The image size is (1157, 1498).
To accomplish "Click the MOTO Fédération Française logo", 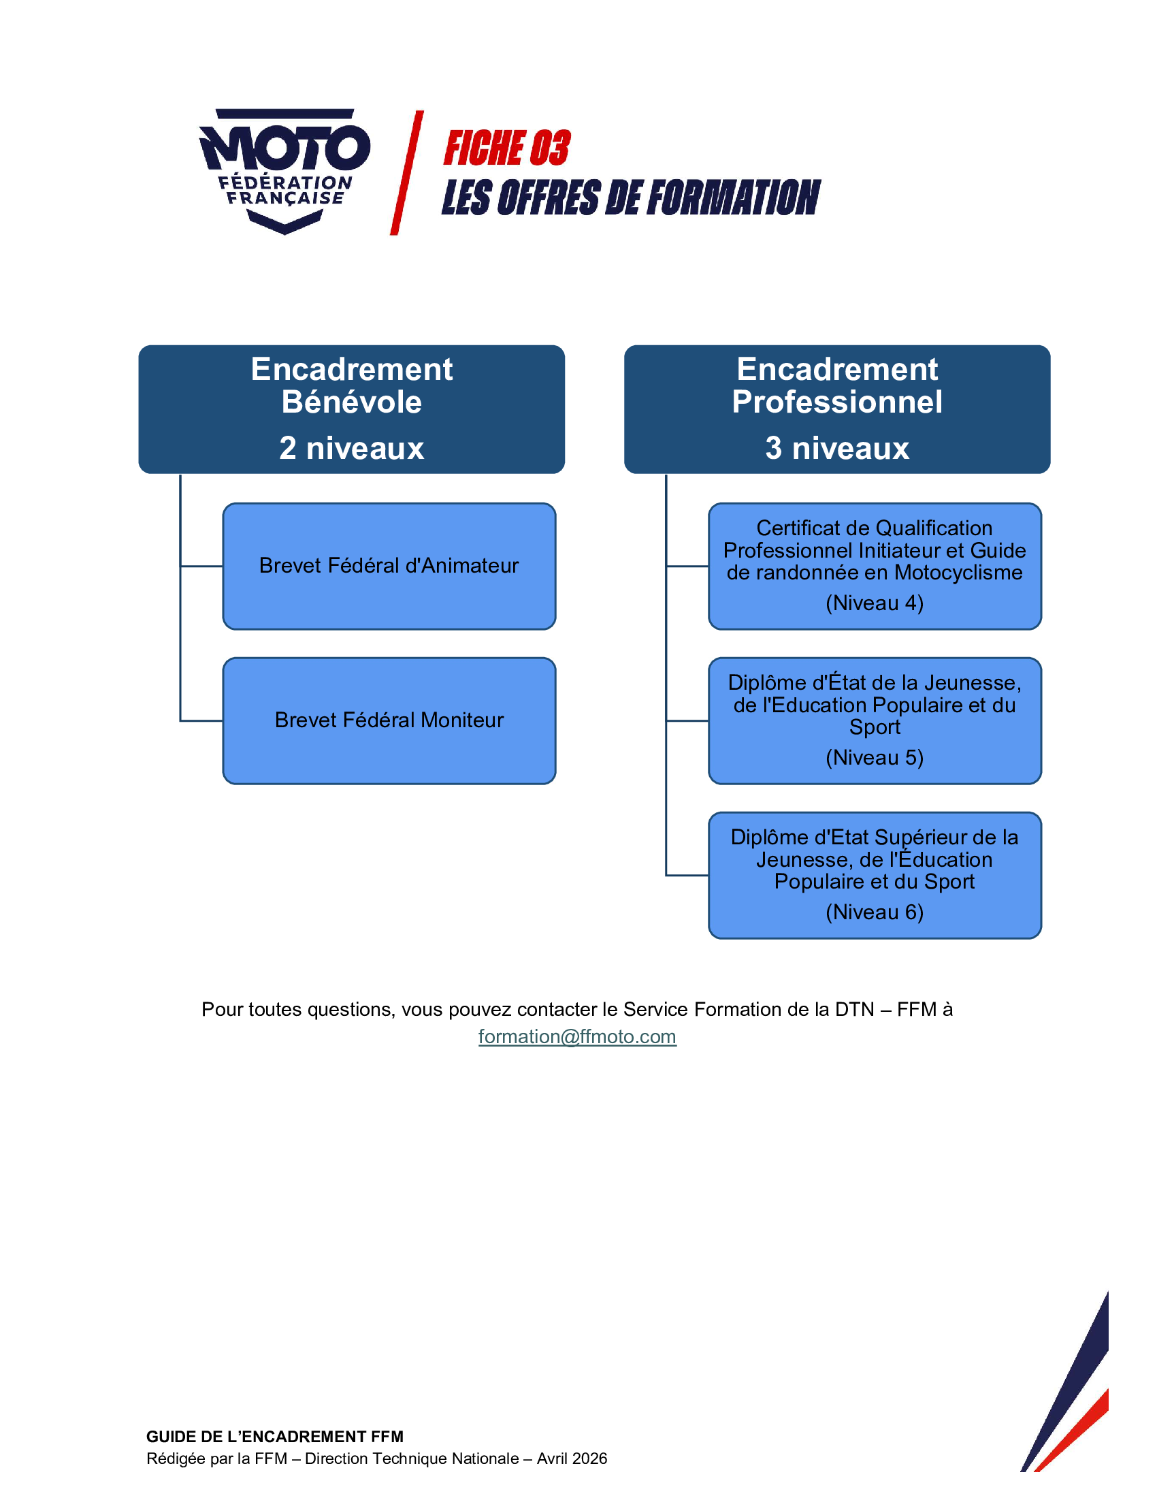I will point(284,170).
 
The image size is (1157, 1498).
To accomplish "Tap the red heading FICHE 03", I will point(506,148).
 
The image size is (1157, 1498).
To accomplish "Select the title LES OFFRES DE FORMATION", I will point(631,197).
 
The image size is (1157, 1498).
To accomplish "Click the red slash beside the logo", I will point(406,173).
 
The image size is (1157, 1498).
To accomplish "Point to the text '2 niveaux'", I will point(352,448).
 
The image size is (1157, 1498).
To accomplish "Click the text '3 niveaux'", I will point(837,448).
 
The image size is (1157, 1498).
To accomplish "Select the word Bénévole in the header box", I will point(352,402).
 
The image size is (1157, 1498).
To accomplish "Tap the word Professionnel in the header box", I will point(837,402).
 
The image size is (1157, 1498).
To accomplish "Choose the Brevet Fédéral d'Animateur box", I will point(389,566).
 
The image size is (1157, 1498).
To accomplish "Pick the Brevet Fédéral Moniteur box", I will point(389,720).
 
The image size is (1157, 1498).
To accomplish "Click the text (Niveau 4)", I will point(875,603).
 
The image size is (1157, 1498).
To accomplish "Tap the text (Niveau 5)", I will point(875,757).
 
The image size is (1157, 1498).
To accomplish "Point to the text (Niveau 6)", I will point(875,912).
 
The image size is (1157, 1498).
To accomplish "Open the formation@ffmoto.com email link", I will point(577,1036).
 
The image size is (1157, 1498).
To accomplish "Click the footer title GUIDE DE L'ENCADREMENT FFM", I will point(275,1436).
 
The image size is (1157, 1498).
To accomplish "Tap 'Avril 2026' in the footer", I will point(572,1459).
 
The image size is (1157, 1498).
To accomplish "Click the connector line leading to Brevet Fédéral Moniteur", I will point(201,721).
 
